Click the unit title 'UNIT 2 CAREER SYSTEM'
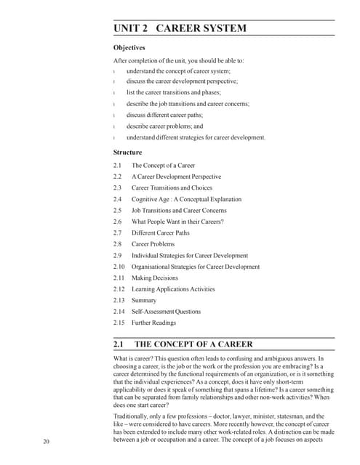[180, 28]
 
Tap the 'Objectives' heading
[129, 48]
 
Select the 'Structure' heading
[127, 153]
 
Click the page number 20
[46, 441]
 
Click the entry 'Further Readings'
[153, 323]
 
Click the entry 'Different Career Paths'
[160, 232]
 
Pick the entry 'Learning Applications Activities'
[173, 289]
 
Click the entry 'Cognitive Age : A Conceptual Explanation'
[186, 199]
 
